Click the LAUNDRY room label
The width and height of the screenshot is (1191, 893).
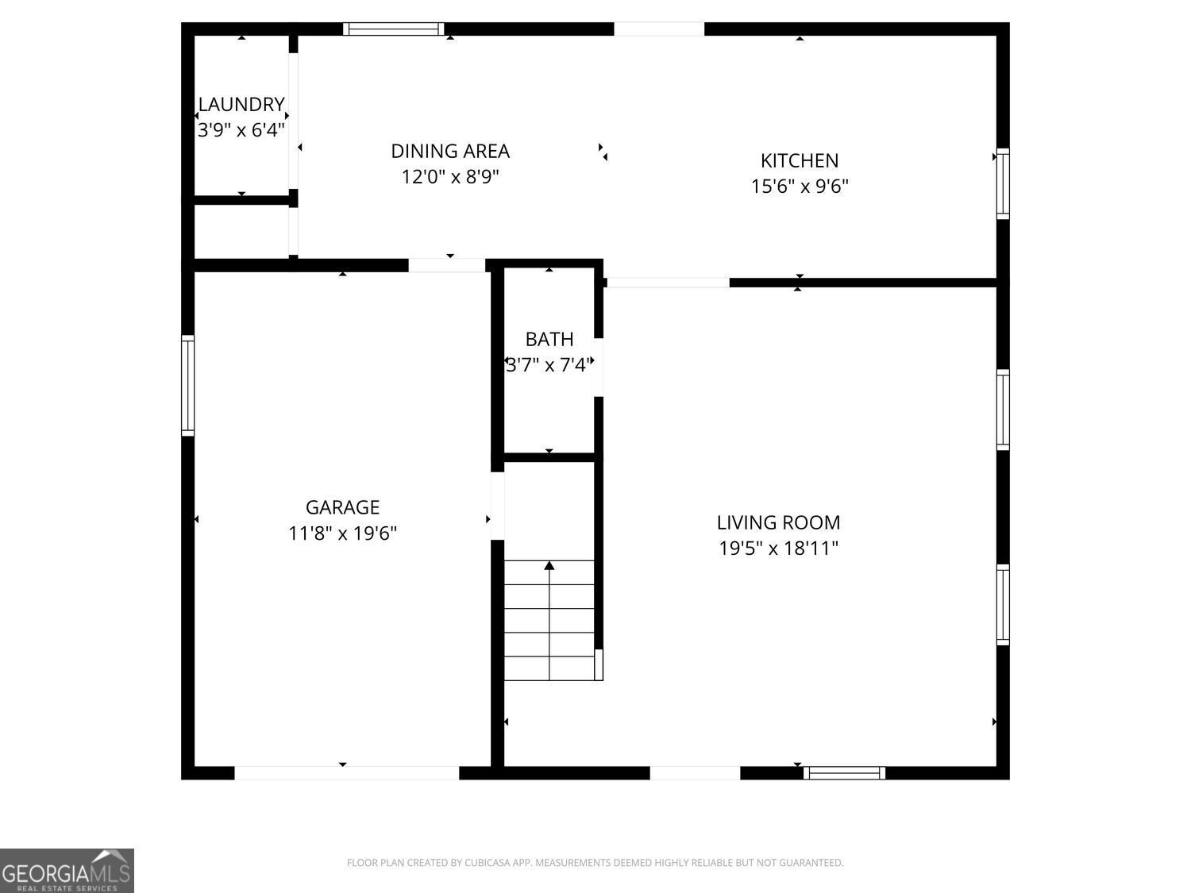click(241, 105)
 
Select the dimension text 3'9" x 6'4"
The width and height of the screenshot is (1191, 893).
click(241, 130)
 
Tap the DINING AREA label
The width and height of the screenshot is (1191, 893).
click(450, 151)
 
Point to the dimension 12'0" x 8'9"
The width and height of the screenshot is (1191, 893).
click(450, 176)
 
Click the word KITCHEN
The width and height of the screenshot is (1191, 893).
click(800, 160)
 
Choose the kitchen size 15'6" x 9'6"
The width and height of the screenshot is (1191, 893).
click(800, 187)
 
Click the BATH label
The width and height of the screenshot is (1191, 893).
click(549, 339)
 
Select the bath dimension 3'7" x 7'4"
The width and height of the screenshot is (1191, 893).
click(549, 365)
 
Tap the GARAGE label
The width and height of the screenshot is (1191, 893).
click(342, 507)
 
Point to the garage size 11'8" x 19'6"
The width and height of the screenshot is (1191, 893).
click(342, 533)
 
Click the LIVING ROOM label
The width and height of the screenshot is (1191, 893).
click(778, 522)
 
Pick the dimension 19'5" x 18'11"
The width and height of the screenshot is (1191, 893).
click(778, 549)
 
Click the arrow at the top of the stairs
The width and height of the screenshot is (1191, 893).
click(549, 566)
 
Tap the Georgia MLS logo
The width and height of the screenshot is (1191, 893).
click(67, 871)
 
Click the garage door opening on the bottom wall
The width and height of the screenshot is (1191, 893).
click(346, 772)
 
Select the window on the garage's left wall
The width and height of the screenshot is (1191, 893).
click(188, 386)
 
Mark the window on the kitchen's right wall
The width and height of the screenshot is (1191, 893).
click(1003, 183)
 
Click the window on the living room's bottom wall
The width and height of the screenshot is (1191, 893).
click(844, 772)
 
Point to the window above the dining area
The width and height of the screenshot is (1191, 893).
click(393, 29)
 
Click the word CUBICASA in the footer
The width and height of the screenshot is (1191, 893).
click(485, 863)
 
